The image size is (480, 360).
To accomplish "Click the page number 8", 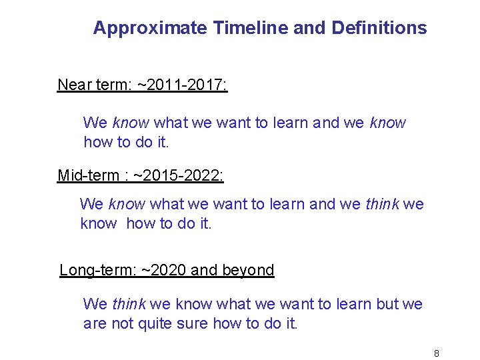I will (x=436, y=353).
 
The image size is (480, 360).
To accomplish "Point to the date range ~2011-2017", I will (x=182, y=85).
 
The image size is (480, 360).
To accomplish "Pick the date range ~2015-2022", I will (x=179, y=175).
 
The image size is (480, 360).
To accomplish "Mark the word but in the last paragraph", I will (x=387, y=305).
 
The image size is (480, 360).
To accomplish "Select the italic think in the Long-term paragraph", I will (x=129, y=305).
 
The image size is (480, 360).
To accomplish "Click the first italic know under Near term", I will (x=131, y=123).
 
